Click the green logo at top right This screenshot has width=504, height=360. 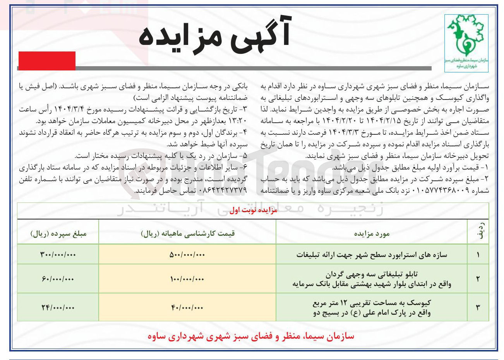[466, 43]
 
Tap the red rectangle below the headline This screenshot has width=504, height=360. [47, 61]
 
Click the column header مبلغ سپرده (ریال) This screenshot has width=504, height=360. [58, 233]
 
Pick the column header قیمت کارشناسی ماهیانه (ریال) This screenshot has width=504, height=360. [188, 233]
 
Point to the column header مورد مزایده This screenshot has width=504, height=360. [372, 233]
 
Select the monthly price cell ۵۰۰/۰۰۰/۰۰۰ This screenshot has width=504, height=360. [187, 255]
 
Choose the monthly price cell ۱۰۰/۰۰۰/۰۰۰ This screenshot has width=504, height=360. [187, 279]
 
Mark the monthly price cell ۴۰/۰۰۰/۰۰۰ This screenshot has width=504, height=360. [187, 308]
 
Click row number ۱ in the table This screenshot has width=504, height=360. [478, 255]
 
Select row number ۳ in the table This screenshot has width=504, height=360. [478, 308]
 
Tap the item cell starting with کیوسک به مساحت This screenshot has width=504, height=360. [372, 308]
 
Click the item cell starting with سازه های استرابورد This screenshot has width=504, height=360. [372, 255]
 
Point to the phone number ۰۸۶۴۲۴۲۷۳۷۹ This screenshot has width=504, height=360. [223, 190]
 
